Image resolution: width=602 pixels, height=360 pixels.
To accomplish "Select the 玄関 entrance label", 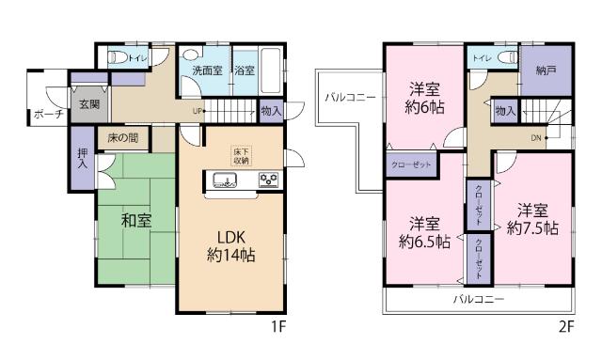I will pos(89,104).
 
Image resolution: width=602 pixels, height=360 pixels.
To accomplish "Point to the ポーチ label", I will pos(47,115).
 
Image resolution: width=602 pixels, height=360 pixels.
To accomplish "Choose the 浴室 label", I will pos(244,70).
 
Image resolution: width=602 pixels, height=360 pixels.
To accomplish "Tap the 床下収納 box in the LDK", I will pos(241,155).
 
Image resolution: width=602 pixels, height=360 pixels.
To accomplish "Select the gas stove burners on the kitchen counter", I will pos(267,180).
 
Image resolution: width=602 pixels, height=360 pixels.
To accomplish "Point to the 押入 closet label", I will pos(82,158).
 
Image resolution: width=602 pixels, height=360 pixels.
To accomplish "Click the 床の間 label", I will pos(122,138).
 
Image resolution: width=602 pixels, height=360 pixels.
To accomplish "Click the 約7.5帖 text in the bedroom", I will pos(532,228).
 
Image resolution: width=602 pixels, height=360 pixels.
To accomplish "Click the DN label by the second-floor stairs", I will pos(536,137).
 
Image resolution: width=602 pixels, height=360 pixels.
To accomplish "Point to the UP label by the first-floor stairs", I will pos(197,110).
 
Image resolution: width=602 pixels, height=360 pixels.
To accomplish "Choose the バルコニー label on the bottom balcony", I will pos(478,299).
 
